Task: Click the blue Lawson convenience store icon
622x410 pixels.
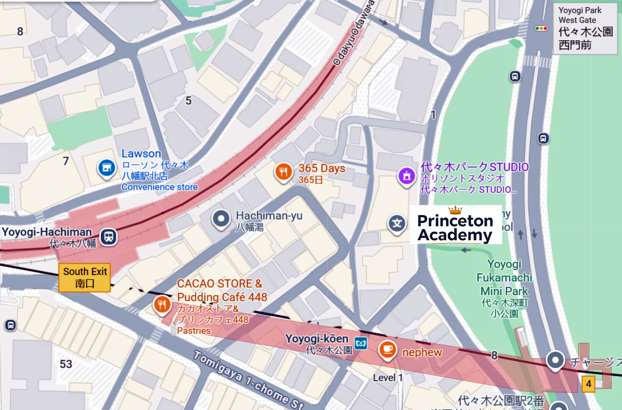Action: point(106,168)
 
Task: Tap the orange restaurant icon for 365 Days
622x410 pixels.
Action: point(282,172)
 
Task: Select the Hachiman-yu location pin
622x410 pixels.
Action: point(221,219)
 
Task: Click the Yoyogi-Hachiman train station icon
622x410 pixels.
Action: point(109,237)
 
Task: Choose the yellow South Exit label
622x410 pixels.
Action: point(84,277)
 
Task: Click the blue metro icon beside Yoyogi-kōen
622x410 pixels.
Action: point(361,343)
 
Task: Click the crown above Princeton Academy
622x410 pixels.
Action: point(455,210)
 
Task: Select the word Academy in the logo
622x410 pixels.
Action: point(455,235)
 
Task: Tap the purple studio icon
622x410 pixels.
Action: point(405,176)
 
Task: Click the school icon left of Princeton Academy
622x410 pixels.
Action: point(397,223)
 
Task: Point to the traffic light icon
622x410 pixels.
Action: point(541,28)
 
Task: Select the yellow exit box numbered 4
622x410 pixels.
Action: point(588,384)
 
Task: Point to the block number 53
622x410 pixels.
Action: point(66,364)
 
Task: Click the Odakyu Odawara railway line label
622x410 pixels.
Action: point(354,33)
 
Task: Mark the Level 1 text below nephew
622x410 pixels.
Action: point(388,377)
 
